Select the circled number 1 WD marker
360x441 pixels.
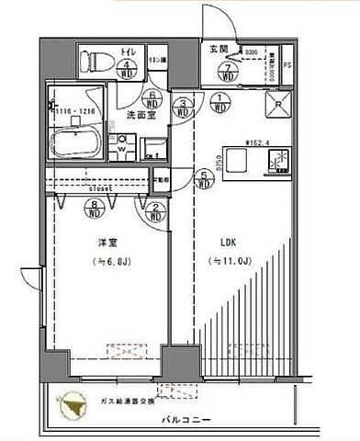point(220,104)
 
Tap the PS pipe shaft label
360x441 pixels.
point(286,64)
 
